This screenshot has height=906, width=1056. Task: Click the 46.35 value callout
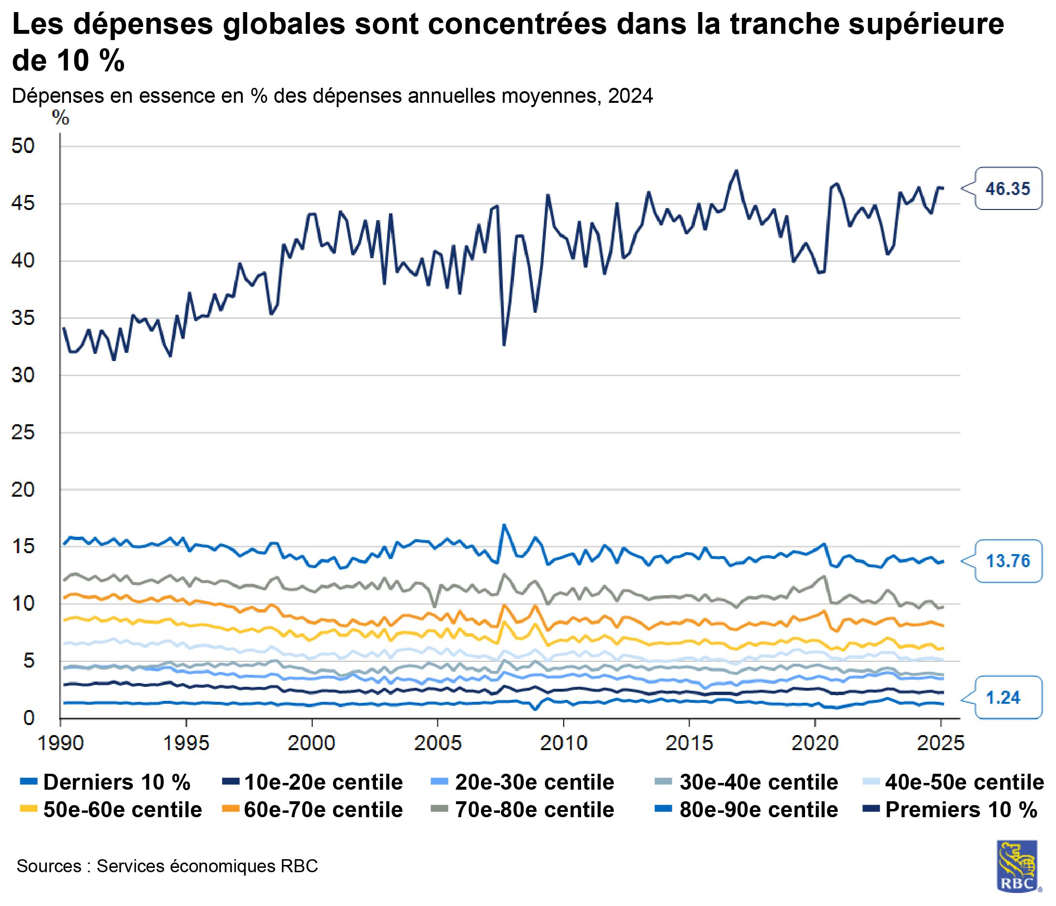tap(1008, 189)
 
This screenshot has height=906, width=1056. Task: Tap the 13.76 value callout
tap(1008, 561)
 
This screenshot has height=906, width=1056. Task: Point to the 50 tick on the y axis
tap(24, 146)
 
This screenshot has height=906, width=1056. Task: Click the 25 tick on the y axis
tap(24, 432)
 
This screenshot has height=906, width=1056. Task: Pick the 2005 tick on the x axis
tap(438, 743)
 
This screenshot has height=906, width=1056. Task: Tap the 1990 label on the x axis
tap(61, 743)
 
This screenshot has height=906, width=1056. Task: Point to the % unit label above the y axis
tap(61, 118)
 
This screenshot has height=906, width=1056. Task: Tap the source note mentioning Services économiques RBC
tap(167, 866)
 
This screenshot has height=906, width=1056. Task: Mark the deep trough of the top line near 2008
tap(503, 345)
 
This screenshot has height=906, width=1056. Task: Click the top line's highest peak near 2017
tap(737, 171)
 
